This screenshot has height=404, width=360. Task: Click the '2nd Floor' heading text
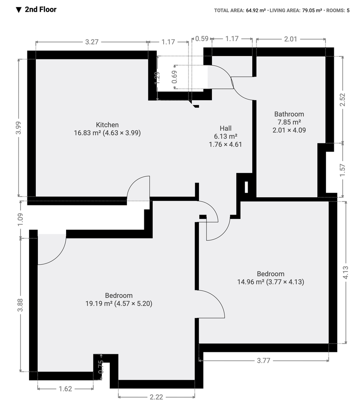click(x=40, y=10)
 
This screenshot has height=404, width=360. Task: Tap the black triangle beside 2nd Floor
click(x=19, y=10)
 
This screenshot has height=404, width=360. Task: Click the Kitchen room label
click(x=107, y=125)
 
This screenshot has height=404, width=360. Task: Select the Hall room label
click(x=225, y=128)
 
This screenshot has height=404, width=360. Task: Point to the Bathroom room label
click(x=289, y=114)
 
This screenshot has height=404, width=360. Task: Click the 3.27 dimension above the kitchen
click(x=92, y=42)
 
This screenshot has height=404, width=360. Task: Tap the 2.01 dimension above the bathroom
click(x=291, y=39)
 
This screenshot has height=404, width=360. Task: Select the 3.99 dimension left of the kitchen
click(x=18, y=128)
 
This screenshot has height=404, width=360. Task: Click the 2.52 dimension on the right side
click(x=342, y=99)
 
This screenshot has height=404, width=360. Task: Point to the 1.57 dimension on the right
click(x=342, y=170)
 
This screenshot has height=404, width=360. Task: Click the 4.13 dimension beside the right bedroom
click(x=346, y=272)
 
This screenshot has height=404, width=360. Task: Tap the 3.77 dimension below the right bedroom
click(x=264, y=361)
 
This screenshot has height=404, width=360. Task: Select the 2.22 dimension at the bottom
click(x=156, y=397)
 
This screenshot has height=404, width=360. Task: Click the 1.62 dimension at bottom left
click(x=66, y=388)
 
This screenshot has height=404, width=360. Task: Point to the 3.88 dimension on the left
click(x=20, y=305)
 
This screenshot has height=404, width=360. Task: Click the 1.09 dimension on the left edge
click(x=20, y=220)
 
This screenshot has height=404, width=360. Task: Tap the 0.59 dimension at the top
click(x=201, y=39)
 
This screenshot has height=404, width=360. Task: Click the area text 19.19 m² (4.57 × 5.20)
click(x=119, y=303)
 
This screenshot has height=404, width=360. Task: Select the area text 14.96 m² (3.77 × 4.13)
click(x=270, y=282)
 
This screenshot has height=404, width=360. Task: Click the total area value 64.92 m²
click(x=256, y=11)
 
